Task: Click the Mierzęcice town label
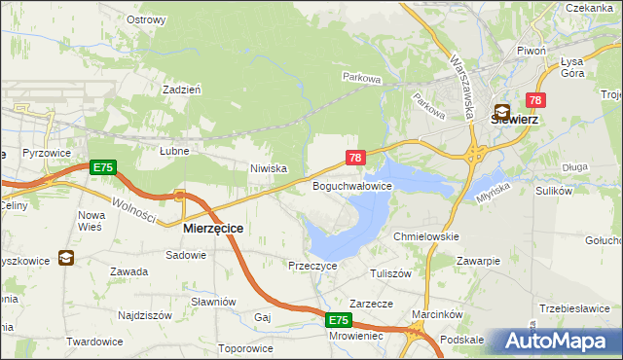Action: (x=213, y=228)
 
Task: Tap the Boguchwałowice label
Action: (x=351, y=185)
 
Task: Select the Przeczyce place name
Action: (x=312, y=265)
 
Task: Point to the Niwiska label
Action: (x=268, y=168)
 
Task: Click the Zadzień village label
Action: (x=182, y=89)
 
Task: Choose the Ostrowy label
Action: (x=146, y=18)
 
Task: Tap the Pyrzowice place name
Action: (x=43, y=155)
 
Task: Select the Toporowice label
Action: (x=244, y=347)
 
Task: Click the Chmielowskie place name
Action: (x=425, y=236)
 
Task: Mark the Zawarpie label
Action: (x=479, y=261)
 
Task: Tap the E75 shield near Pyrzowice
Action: (x=102, y=168)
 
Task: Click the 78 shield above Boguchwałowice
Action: (x=356, y=158)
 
